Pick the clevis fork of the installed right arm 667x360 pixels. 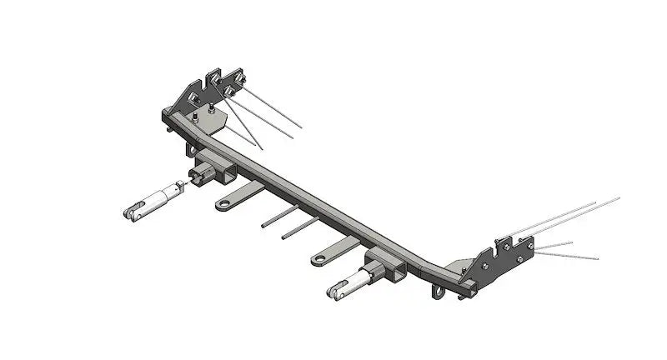[337, 292]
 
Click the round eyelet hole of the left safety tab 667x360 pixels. [224, 202]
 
